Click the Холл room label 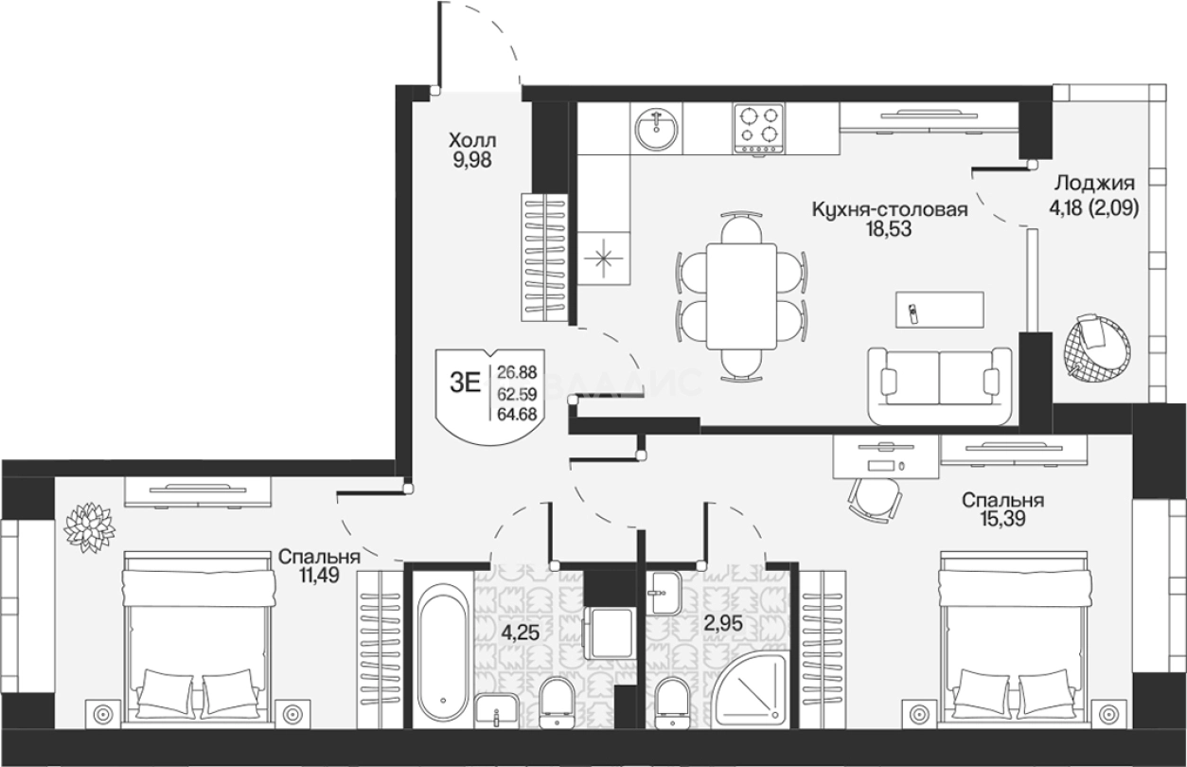(x=472, y=141)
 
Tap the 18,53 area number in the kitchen (x=889, y=229)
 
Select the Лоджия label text (x=1094, y=184)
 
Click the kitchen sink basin (x=656, y=129)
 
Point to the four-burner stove (x=759, y=129)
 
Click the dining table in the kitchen (x=742, y=296)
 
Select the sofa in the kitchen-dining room (x=940, y=386)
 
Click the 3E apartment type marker (x=465, y=383)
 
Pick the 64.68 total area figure (x=517, y=414)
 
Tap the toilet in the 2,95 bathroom (x=673, y=703)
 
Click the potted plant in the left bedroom (x=89, y=527)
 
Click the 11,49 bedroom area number (x=318, y=575)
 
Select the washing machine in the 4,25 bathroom (x=610, y=633)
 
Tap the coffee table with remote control (x=940, y=310)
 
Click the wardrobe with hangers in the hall (x=544, y=257)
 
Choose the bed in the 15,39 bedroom (x=1014, y=640)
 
